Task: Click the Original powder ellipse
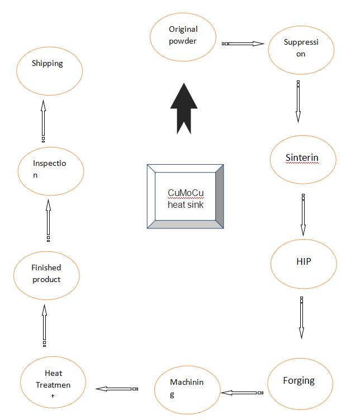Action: (x=183, y=37)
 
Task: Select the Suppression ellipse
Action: (x=301, y=50)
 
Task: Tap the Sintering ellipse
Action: (x=303, y=160)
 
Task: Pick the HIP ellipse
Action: (x=304, y=264)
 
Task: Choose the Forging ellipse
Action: (x=300, y=384)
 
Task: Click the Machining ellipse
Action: (x=187, y=390)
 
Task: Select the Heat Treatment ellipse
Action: (x=53, y=382)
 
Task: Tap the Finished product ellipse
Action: (x=46, y=275)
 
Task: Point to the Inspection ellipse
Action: (x=51, y=171)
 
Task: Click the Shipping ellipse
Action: (x=50, y=71)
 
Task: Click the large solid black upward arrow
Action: (x=184, y=108)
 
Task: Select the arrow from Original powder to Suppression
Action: (x=243, y=44)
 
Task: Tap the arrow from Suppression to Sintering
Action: (x=298, y=102)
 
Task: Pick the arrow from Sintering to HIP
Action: (x=303, y=215)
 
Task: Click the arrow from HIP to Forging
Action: (x=301, y=318)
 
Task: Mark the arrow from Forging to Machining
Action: (x=242, y=393)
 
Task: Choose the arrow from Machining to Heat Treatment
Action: (x=117, y=389)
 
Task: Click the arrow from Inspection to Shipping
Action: (x=43, y=121)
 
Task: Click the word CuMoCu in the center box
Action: (x=186, y=193)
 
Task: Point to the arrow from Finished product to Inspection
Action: (x=48, y=221)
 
